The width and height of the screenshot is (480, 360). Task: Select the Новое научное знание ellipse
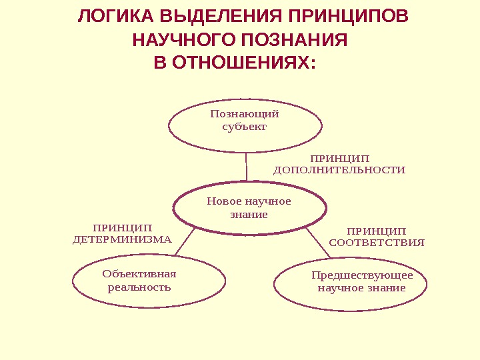(249, 208)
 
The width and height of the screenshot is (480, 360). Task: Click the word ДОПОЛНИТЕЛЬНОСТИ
(339, 170)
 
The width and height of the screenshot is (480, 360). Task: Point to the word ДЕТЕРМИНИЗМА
(122, 239)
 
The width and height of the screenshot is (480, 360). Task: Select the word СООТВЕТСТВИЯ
(377, 243)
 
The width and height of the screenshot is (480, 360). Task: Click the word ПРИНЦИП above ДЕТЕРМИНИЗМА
(122, 228)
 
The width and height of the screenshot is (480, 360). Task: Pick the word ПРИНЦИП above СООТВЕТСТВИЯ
(377, 231)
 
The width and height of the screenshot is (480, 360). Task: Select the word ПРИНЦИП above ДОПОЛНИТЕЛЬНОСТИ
(339, 159)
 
